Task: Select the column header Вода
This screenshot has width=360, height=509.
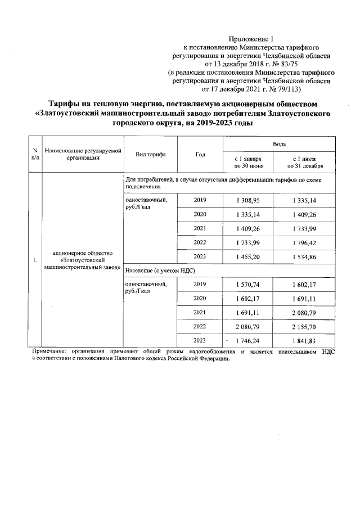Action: [280, 145]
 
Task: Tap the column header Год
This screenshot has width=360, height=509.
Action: [200, 154]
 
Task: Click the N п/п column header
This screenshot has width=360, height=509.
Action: [35, 154]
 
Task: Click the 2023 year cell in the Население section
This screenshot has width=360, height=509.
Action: [200, 340]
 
